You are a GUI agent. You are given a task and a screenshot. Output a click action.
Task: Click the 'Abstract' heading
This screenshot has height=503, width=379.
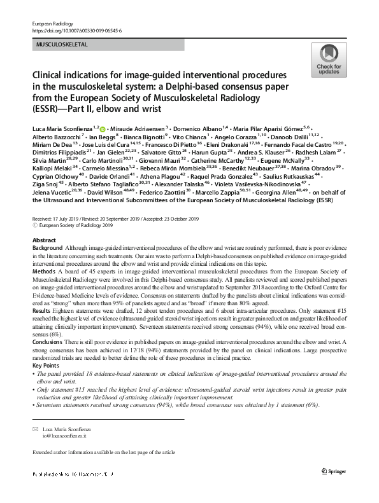tap(44, 240)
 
